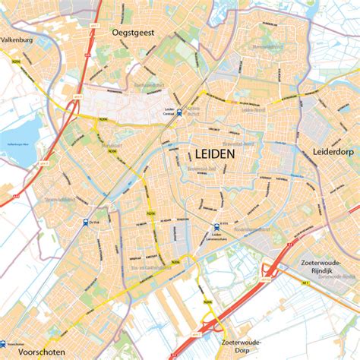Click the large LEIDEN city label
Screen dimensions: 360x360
coord(210,153)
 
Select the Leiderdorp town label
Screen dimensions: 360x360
coord(334,152)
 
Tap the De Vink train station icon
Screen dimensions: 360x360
coord(84,222)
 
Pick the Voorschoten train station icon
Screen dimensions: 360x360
coord(4,343)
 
